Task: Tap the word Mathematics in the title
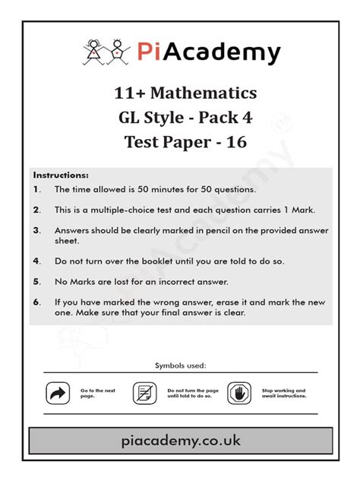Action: (203, 93)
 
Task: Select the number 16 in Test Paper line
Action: (236, 141)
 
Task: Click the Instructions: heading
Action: (61, 175)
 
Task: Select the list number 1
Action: (36, 189)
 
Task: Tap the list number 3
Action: (36, 229)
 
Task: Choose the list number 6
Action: (36, 302)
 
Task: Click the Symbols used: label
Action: (180, 365)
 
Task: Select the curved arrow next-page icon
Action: (58, 393)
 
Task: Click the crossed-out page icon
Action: (144, 393)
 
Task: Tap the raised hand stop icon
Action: (239, 393)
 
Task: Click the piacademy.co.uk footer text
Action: (180, 441)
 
